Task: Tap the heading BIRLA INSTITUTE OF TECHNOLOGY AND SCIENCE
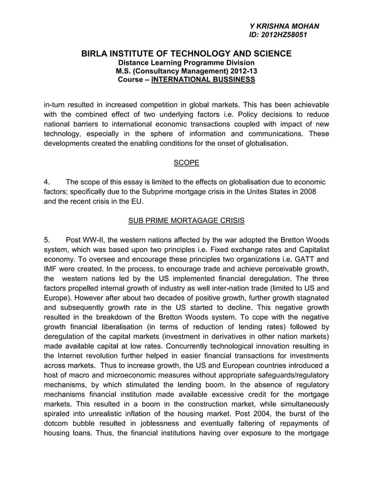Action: click(186, 54)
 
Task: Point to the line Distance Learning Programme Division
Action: click(186, 62)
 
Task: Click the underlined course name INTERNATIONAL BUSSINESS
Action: click(203, 79)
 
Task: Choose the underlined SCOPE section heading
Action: click(186, 163)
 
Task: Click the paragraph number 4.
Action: click(47, 182)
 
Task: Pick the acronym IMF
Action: click(53, 269)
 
